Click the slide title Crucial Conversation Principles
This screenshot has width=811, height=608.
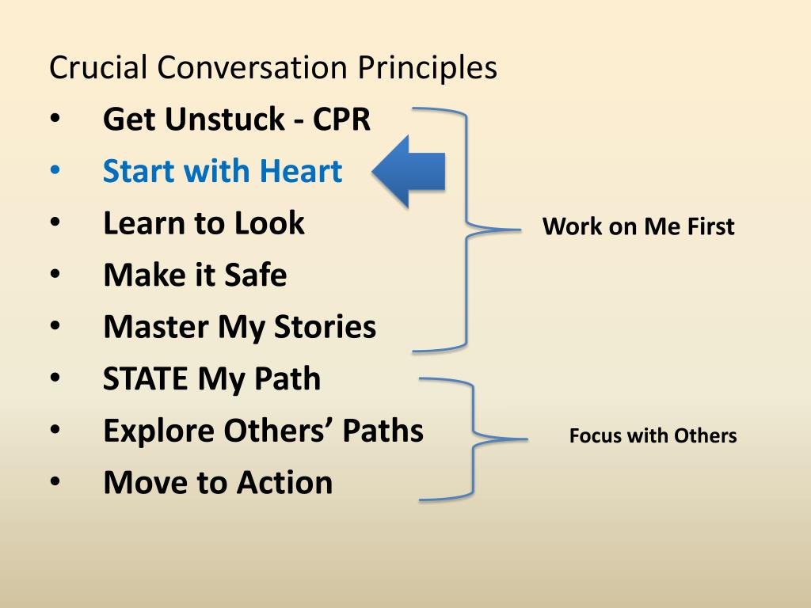(x=272, y=68)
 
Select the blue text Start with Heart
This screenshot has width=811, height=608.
(x=223, y=171)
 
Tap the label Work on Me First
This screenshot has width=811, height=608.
(x=638, y=227)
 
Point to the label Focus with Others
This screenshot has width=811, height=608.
(x=653, y=435)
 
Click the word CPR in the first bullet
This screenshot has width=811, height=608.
(x=341, y=120)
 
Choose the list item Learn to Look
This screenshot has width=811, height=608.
(x=204, y=223)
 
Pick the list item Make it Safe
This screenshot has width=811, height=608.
(x=195, y=275)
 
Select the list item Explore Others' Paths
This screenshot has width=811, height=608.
(x=263, y=431)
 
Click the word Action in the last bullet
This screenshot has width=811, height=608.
(x=288, y=482)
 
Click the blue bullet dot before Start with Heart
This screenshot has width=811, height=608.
(x=55, y=172)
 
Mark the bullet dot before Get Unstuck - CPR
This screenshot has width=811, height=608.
(x=55, y=120)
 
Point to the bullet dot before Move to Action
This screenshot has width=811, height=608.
(x=55, y=483)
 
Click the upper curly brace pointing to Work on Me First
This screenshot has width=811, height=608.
(x=467, y=229)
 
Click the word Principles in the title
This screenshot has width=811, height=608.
(x=427, y=68)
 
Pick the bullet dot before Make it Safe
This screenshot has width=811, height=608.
(x=55, y=275)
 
